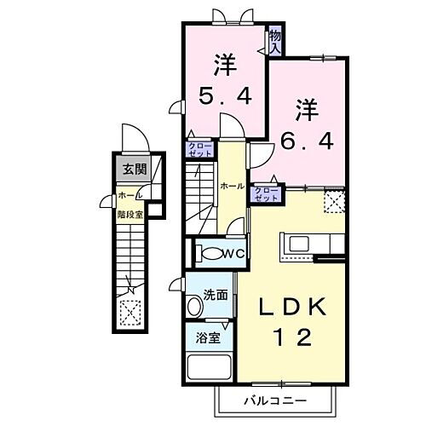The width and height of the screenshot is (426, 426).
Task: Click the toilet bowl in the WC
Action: [x=207, y=252]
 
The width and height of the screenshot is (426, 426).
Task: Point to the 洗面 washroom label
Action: [x=215, y=295]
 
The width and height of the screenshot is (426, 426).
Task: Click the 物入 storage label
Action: [x=275, y=41]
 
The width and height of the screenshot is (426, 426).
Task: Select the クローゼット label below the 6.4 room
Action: [x=265, y=193]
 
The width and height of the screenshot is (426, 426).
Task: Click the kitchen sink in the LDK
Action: [x=300, y=244]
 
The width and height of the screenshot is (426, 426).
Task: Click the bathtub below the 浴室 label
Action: [x=209, y=368]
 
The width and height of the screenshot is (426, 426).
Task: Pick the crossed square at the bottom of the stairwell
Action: [x=131, y=313]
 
